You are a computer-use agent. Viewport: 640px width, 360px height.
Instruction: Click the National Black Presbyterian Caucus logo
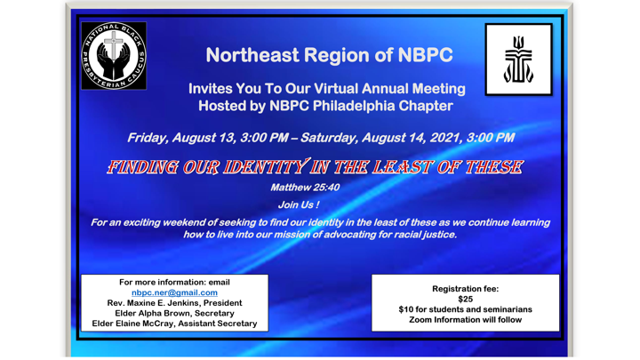[x=114, y=56]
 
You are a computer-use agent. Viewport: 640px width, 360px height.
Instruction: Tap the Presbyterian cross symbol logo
[x=518, y=60]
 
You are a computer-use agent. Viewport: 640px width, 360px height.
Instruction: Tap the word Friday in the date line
[x=150, y=138]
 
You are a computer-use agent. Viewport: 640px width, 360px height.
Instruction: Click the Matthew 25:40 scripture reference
[x=304, y=188]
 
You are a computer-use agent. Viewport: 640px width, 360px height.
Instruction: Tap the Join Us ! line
[x=298, y=204]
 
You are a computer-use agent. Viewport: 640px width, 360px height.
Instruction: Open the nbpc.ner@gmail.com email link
[x=174, y=292]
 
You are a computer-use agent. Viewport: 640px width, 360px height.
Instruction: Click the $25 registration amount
[x=465, y=299]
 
